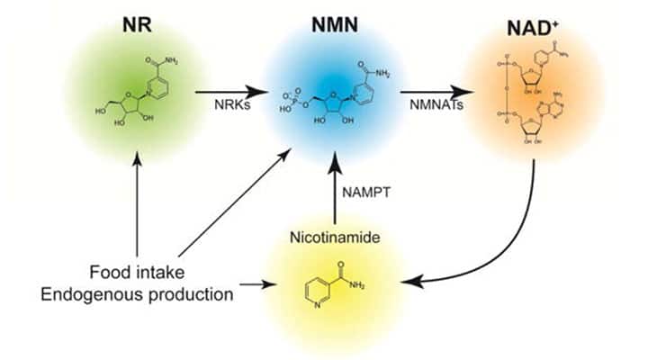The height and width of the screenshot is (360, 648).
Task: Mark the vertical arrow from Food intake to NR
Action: (x=136, y=202)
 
